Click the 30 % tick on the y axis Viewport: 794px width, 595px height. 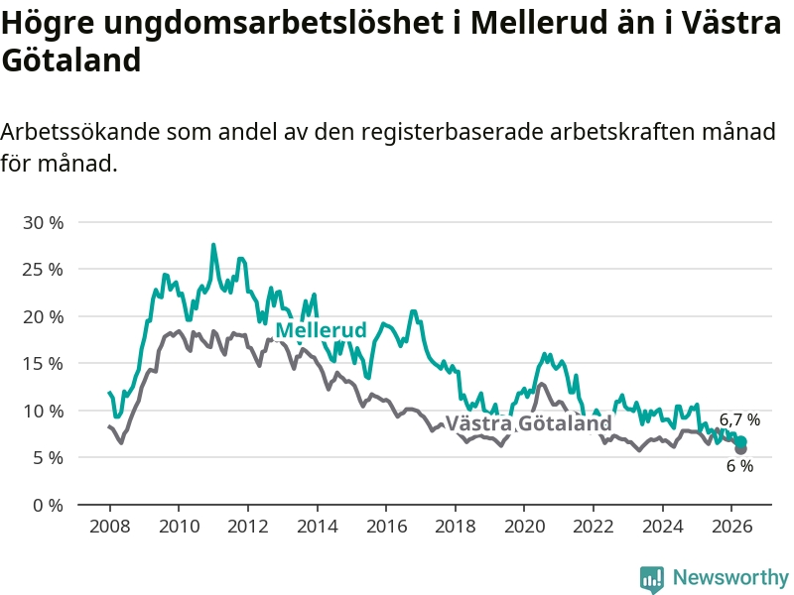(43, 222)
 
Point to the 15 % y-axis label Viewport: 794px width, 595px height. (43, 364)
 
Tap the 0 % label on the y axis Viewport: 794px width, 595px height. (48, 505)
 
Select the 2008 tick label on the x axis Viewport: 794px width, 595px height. (110, 527)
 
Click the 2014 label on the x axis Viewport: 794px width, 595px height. (317, 527)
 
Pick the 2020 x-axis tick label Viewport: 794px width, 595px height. (524, 527)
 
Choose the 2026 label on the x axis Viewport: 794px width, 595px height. (731, 527)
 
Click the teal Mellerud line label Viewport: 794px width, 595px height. (321, 330)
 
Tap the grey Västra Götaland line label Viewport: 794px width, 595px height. (529, 423)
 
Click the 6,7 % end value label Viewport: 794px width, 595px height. (739, 419)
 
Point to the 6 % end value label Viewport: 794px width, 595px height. (739, 466)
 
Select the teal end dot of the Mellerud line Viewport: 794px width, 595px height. (740, 442)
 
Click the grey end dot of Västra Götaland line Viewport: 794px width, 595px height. (740, 449)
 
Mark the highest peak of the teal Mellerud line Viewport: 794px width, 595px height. (213, 245)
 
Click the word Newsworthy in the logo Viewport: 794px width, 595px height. (730, 577)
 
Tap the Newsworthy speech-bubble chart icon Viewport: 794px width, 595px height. (652, 579)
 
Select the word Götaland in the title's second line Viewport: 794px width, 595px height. (70, 60)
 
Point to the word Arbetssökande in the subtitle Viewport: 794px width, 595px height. (80, 132)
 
